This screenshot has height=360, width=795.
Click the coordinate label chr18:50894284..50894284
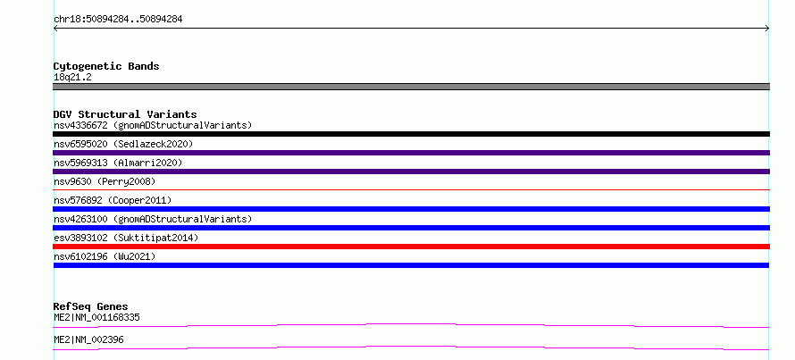[118, 20]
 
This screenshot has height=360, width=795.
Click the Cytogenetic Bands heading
[106, 66]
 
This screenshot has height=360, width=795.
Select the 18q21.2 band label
[72, 78]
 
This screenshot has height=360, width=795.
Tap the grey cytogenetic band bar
[411, 87]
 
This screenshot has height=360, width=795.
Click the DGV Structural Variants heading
[125, 114]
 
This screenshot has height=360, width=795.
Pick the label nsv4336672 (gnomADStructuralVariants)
[153, 125]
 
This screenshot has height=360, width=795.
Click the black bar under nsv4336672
[411, 134]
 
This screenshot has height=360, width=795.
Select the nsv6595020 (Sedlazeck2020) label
[123, 144]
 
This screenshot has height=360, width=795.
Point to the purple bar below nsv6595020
[411, 153]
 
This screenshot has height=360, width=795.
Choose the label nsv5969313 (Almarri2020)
[118, 163]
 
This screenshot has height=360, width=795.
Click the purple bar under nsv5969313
[411, 172]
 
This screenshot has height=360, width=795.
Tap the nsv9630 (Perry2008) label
[105, 181]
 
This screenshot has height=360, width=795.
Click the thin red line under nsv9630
[411, 189]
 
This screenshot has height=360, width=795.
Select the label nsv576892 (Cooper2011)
[113, 200]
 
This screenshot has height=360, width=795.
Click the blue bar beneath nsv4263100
[411, 228]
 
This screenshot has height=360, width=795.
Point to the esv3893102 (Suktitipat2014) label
[126, 238]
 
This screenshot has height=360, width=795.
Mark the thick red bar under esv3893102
[411, 247]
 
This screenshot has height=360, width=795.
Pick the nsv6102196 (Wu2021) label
[105, 256]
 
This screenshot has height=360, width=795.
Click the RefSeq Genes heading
[91, 306]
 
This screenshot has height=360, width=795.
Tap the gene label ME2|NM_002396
[88, 339]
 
